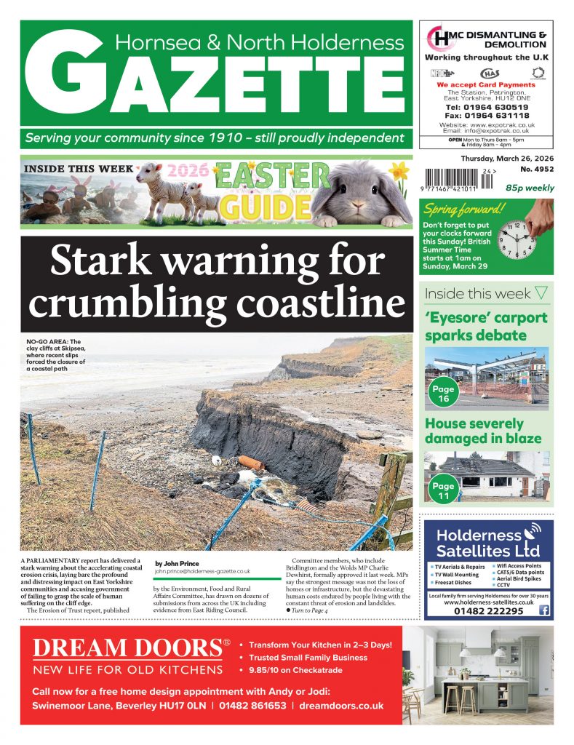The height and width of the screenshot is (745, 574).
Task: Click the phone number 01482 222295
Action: tap(479, 611)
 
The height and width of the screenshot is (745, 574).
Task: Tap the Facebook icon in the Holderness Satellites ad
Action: tap(543, 611)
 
